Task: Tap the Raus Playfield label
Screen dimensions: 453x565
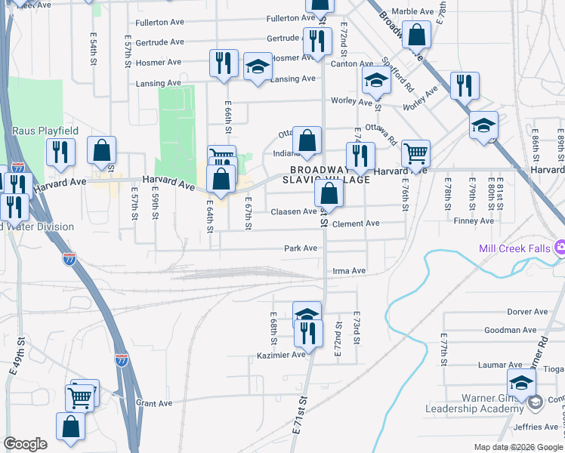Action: coord(45,131)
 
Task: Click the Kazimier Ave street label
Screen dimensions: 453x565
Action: coord(280,354)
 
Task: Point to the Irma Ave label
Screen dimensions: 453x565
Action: coord(348,271)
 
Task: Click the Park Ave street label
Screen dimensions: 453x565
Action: coord(300,248)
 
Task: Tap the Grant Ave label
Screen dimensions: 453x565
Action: coord(154,403)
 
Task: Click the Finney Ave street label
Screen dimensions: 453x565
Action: coord(474,221)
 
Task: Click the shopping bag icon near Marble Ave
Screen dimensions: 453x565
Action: coord(416,35)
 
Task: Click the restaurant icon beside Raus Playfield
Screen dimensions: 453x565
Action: coord(60,153)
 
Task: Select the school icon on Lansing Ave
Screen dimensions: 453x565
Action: coord(258,66)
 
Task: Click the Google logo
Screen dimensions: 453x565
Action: coord(26,444)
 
